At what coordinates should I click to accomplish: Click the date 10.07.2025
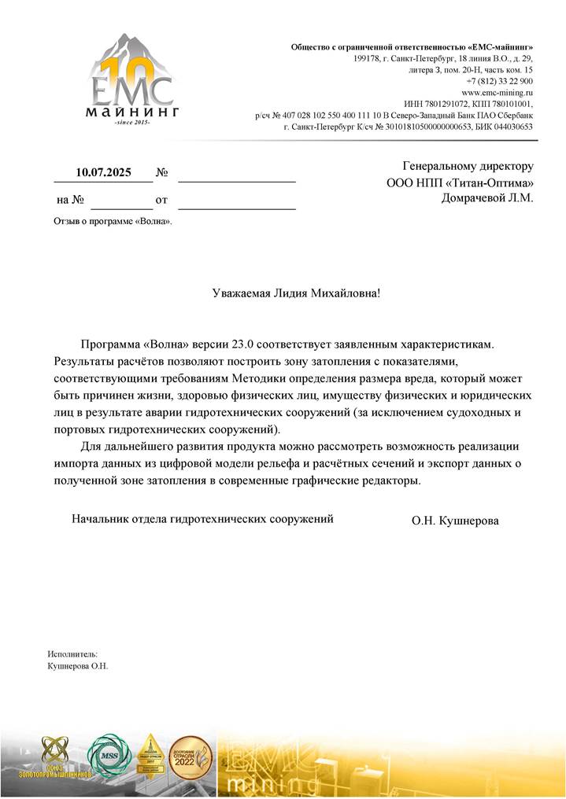[103, 172]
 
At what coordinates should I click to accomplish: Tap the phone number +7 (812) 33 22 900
[499, 81]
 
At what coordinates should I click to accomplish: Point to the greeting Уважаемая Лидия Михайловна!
[296, 293]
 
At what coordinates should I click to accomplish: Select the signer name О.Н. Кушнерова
[454, 521]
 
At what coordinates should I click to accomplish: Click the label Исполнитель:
[72, 654]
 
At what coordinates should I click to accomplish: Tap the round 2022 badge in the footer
[191, 757]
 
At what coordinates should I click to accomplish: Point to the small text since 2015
[131, 123]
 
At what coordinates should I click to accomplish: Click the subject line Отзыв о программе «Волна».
[113, 221]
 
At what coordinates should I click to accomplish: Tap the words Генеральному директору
[468, 167]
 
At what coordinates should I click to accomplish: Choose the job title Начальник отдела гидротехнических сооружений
[202, 519]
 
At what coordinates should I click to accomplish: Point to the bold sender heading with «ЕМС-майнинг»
[412, 47]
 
